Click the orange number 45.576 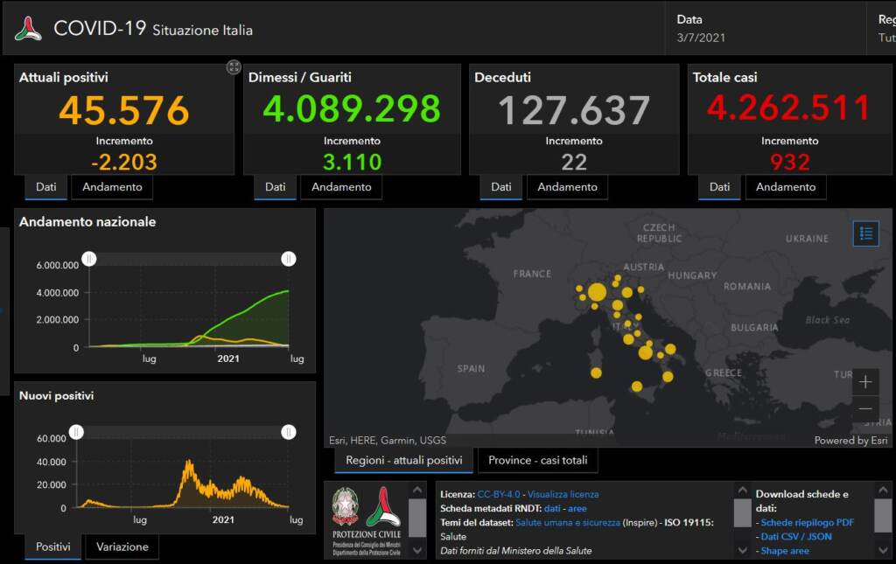[124, 111]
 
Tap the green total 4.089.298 [352, 109]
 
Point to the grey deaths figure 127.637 [574, 111]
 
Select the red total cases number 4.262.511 [789, 108]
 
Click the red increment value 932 [789, 162]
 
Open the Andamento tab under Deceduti [567, 187]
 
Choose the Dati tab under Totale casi [719, 187]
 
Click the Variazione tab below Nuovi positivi [122, 547]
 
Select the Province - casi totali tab [537, 461]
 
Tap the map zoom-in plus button [864, 382]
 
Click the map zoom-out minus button [864, 409]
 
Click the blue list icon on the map [865, 233]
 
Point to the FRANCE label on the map [532, 274]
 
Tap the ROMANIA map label [747, 287]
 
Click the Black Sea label [827, 320]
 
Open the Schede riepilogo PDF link [807, 523]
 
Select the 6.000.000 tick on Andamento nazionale [58, 265]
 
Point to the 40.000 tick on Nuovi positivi [52, 462]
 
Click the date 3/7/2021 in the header [701, 38]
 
